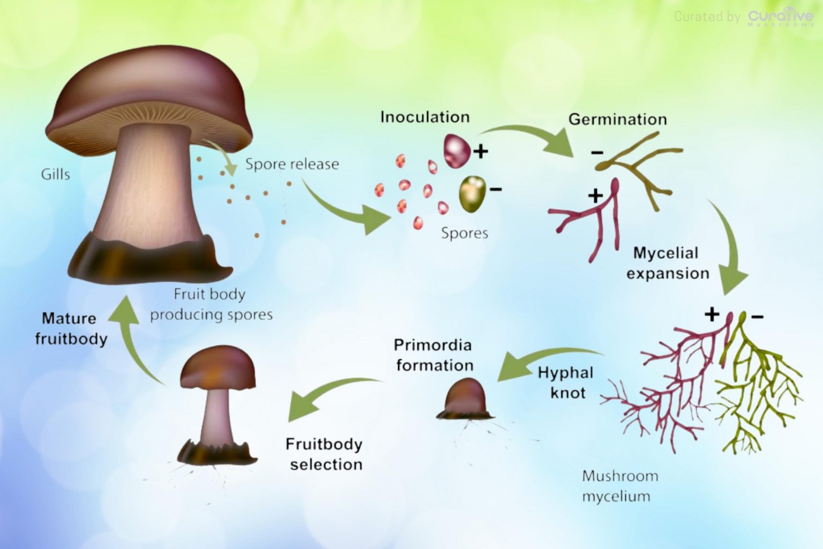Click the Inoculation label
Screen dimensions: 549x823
[x=424, y=117]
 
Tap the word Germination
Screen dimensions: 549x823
[x=617, y=119]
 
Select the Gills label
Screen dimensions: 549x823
[x=55, y=174]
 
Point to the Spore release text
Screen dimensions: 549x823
[x=292, y=164]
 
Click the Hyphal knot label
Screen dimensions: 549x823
[x=566, y=382]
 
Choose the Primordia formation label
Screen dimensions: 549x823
[x=434, y=355]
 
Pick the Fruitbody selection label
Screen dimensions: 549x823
[x=325, y=454]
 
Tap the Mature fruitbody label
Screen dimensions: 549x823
[x=71, y=328]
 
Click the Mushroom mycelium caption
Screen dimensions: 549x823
[x=619, y=486]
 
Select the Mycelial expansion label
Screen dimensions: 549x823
[x=667, y=263]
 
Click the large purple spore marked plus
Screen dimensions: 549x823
[x=457, y=150]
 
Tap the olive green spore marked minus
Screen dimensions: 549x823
[x=472, y=193]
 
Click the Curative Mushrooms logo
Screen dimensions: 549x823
[x=780, y=17]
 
